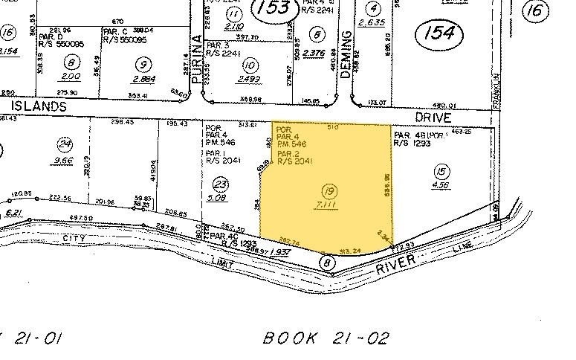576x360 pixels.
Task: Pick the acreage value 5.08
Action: click(x=218, y=198)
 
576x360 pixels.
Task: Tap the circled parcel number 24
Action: click(x=67, y=144)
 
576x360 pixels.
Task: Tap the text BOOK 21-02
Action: click(x=326, y=338)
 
